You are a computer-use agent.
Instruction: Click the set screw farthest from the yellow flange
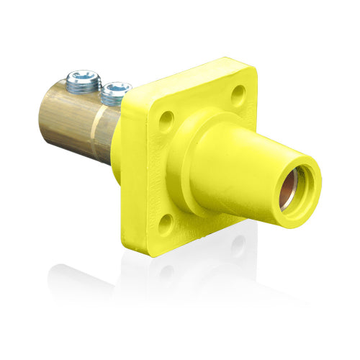point(84,81)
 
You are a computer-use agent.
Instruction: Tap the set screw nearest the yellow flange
point(115,91)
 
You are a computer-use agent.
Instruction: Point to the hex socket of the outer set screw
point(84,76)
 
